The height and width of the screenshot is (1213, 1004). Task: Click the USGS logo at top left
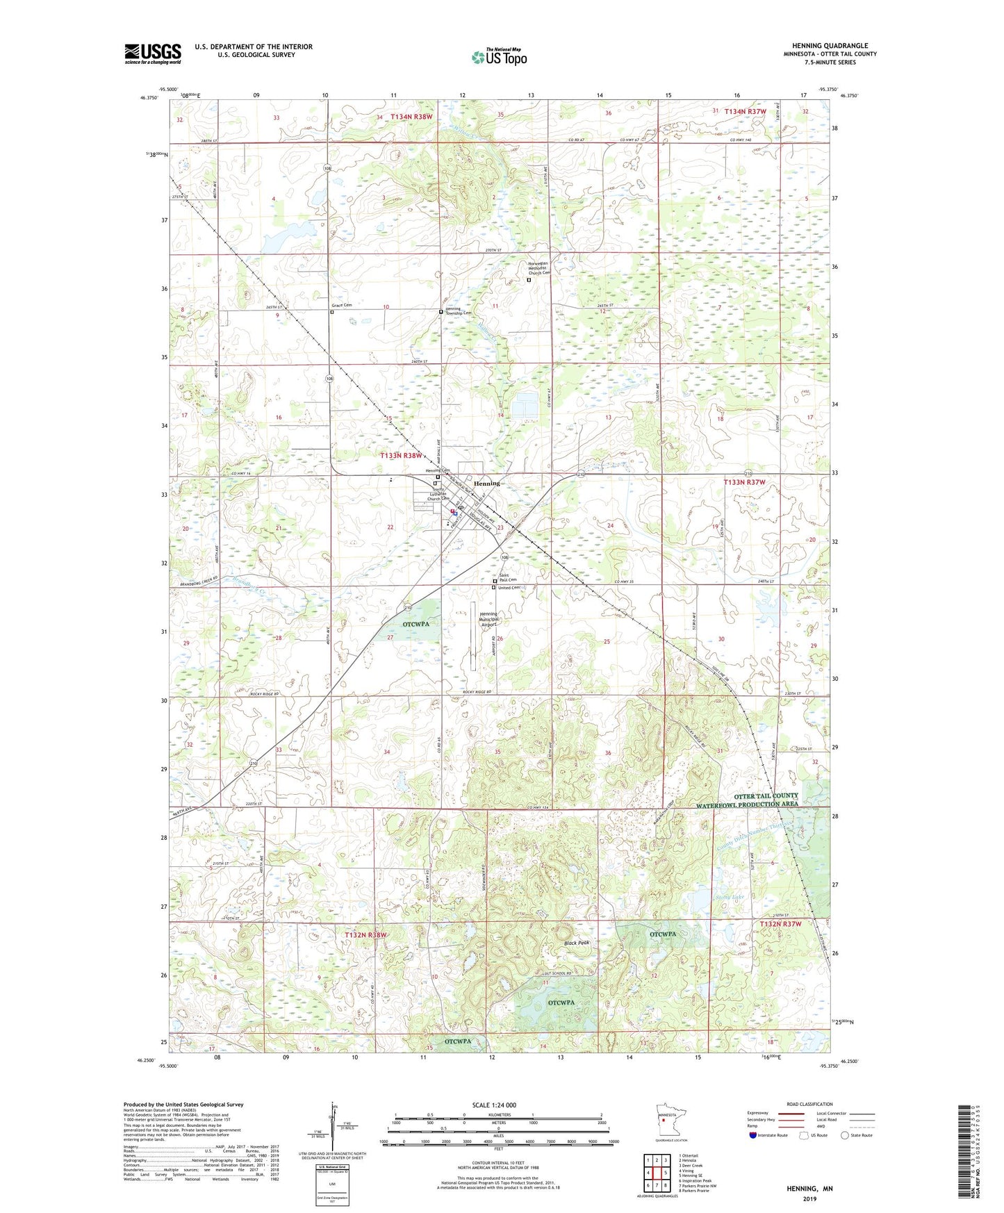click(152, 53)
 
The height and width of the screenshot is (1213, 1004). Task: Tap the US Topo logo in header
click(498, 56)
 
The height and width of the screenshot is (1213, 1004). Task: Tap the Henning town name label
click(486, 483)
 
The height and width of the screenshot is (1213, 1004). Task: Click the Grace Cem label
click(341, 306)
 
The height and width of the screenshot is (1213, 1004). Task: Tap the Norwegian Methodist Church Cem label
click(538, 267)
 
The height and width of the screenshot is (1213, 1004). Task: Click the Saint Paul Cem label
click(509, 577)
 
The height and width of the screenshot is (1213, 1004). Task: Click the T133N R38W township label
click(401, 456)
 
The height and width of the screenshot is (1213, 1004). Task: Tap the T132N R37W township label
click(780, 924)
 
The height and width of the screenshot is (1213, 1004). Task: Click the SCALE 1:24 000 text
click(494, 1105)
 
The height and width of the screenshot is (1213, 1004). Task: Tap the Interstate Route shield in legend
click(753, 1135)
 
